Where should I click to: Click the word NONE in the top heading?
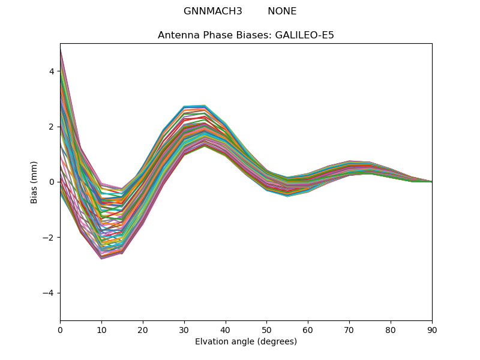[282, 11]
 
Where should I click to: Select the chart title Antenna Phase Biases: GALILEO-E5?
[246, 35]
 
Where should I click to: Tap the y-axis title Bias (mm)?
[35, 182]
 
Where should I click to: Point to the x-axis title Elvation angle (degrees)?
[246, 341]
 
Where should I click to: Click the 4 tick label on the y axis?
[52, 71]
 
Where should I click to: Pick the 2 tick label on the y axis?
[52, 127]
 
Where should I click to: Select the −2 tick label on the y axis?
[50, 238]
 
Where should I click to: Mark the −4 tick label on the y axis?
[50, 293]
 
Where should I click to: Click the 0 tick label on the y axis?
[52, 182]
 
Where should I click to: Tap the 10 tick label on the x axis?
[101, 329]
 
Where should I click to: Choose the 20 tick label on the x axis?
[143, 329]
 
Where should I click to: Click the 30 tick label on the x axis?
[184, 329]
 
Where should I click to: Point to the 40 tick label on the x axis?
[226, 329]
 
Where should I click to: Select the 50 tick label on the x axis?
[266, 329]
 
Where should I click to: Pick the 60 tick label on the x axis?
[308, 329]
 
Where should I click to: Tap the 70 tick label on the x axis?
[349, 329]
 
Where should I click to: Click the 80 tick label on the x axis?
[391, 329]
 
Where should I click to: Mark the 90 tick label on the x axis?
[432, 329]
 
